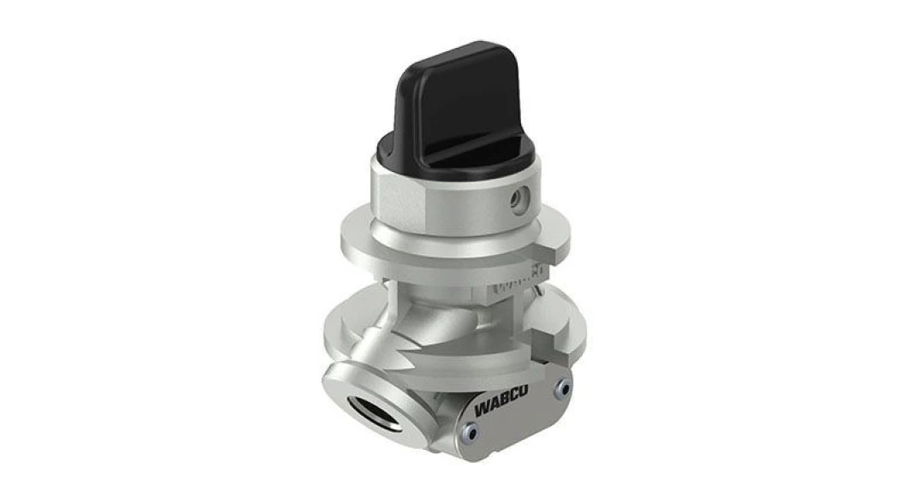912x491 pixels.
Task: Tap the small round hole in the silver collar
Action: click(516, 200)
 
